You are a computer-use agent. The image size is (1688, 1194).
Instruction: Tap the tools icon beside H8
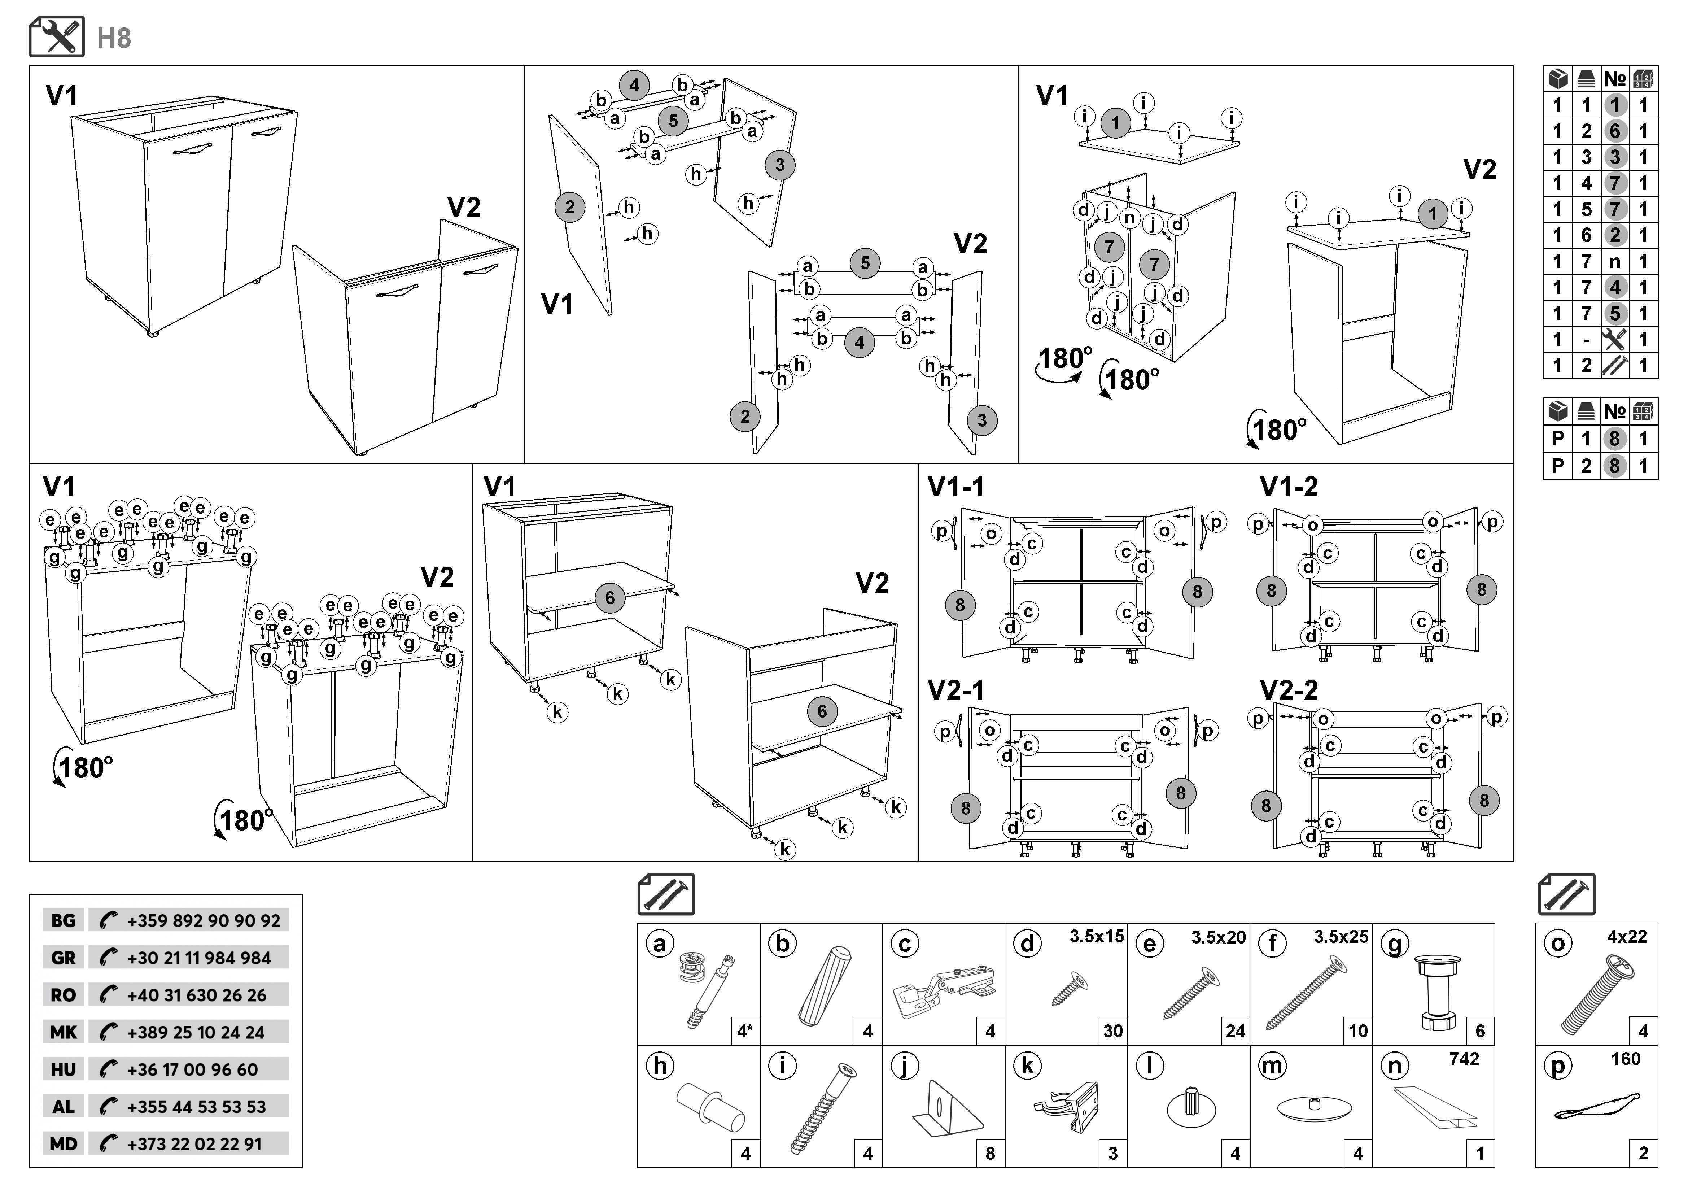pos(57,37)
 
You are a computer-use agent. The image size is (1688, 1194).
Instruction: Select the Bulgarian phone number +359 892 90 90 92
pos(203,920)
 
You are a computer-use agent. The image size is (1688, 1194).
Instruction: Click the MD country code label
pos(63,1144)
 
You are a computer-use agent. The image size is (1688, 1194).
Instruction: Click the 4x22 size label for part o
pos(1626,937)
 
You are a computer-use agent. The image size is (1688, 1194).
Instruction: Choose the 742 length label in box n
pos(1464,1059)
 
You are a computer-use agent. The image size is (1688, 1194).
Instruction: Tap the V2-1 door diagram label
pos(956,690)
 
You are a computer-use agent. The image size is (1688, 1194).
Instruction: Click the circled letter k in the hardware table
pos(1028,1066)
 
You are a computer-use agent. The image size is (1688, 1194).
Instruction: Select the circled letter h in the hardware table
pos(660,1066)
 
